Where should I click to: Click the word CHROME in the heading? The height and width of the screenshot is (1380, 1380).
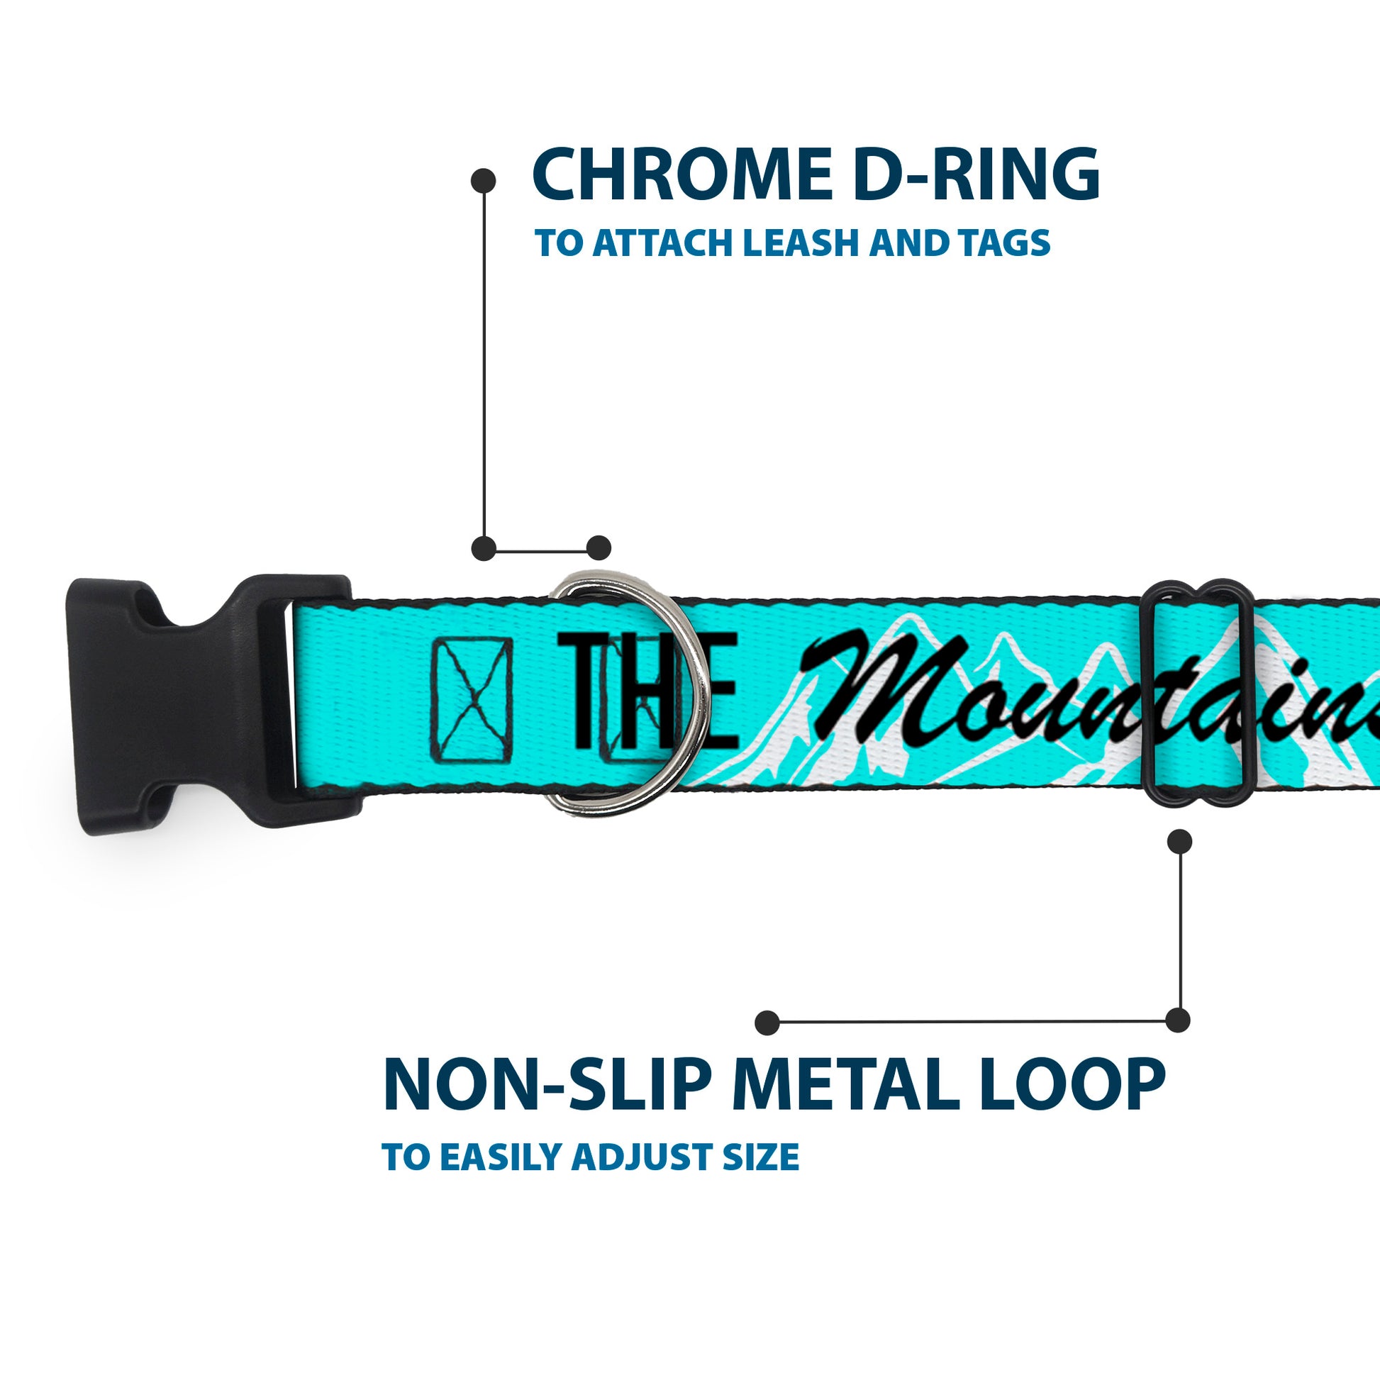point(681,175)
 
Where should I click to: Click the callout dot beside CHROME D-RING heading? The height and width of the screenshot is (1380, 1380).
point(484,181)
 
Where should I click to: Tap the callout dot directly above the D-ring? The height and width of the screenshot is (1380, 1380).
point(599,548)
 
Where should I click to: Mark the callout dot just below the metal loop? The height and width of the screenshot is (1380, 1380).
point(1179,842)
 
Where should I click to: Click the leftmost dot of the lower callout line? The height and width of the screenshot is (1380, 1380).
point(767,1022)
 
